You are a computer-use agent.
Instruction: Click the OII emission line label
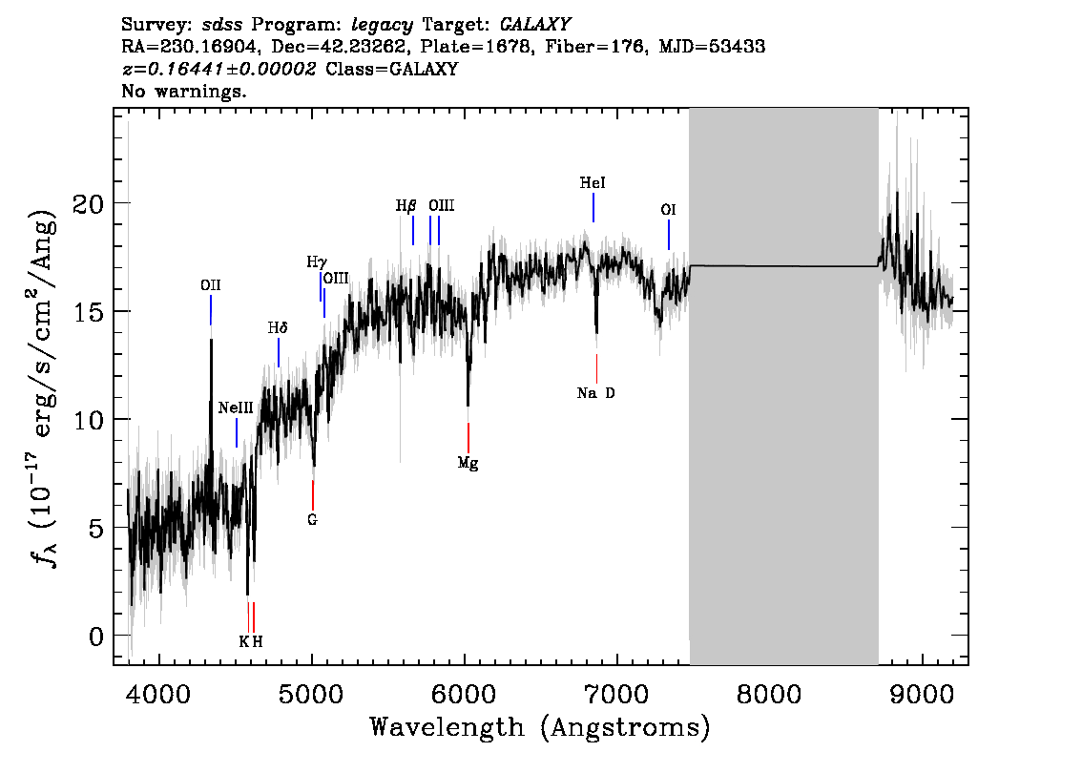[x=211, y=284]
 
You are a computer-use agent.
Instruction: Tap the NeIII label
[x=236, y=407]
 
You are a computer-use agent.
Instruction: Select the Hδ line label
[x=278, y=327]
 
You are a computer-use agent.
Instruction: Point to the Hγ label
[x=317, y=261]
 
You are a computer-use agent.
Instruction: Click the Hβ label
[x=406, y=205]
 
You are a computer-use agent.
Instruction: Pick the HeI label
[x=593, y=182]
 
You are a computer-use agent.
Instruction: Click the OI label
[x=669, y=209]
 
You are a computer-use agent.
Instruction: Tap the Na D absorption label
[x=596, y=393]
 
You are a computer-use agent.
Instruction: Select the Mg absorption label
[x=468, y=464]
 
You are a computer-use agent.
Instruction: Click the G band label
[x=312, y=520]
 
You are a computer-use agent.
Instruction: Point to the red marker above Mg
[x=468, y=437]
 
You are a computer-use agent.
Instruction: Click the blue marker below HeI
[x=593, y=207]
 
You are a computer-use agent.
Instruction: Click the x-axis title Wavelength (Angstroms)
[x=540, y=727]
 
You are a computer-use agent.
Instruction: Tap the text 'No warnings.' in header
[x=184, y=92]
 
